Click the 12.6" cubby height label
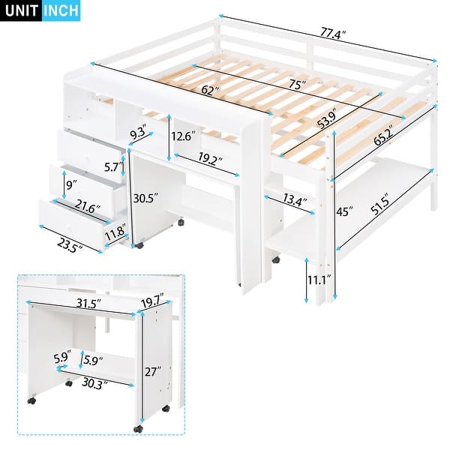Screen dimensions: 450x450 click(184, 136)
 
